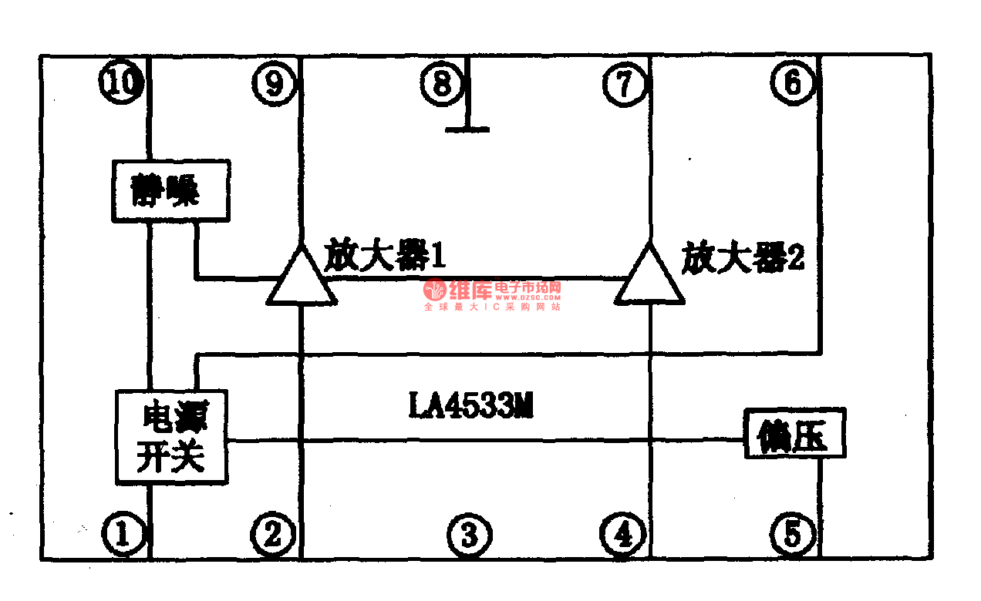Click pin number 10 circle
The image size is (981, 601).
(122, 82)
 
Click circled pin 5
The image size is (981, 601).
(793, 533)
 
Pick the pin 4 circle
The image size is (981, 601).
(623, 533)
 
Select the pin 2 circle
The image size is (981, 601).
(275, 533)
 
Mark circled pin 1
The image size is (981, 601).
(122, 533)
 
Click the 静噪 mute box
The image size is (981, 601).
(170, 190)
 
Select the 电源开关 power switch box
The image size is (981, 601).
(171, 437)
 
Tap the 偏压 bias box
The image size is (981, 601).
(794, 435)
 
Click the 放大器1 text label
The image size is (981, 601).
(384, 255)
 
